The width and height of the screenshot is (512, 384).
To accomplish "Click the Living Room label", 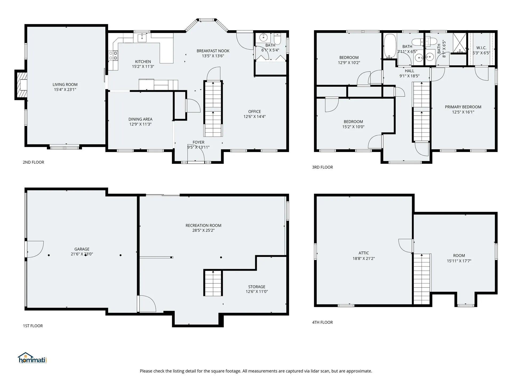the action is pos(65,85).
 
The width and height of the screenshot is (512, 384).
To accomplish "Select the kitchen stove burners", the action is pos(113,55).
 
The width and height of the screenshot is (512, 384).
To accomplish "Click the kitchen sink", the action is pos(142,38).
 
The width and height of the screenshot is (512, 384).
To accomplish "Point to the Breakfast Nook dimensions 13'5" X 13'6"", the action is pos(213,56).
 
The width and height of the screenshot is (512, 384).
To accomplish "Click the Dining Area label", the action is pos(140,119).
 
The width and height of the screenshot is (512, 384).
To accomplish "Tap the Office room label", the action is pos(254,111).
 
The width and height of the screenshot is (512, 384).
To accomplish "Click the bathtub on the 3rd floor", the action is pos(390,46).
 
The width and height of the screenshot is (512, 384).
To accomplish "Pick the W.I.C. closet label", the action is pos(481,48).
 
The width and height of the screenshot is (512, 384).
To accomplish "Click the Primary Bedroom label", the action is pos(463,107).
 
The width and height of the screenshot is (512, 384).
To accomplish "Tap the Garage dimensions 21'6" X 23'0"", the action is pos(82,254).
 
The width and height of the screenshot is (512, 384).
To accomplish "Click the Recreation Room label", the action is pos(203,225).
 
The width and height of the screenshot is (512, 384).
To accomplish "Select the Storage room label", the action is pos(257,287).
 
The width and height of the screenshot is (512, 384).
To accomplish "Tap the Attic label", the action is pos(364,253).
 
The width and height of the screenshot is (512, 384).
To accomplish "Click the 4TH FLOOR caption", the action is pos(322,322).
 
